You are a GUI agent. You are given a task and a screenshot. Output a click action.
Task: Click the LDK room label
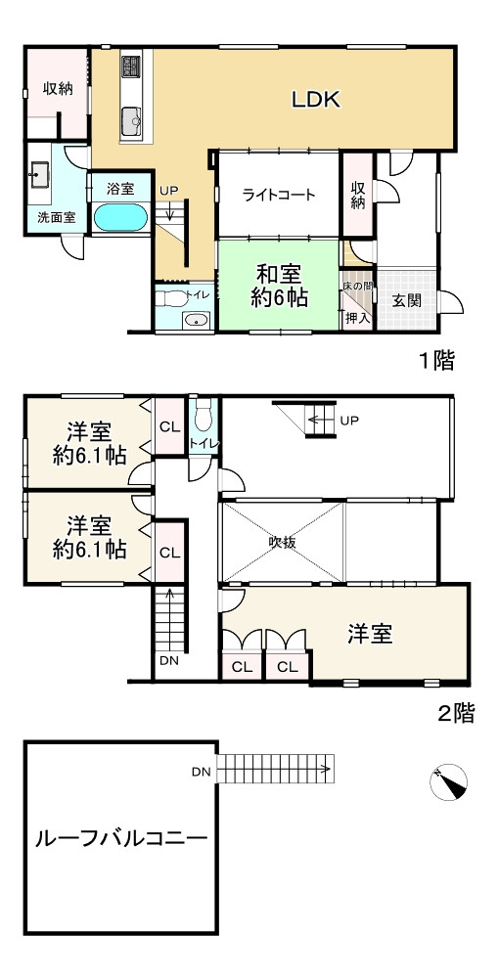tap(315, 99)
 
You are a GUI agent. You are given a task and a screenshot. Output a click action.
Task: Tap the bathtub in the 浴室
tap(120, 216)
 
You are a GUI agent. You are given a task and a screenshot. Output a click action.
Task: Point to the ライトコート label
tap(279, 195)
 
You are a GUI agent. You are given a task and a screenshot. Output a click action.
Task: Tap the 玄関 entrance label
tap(407, 300)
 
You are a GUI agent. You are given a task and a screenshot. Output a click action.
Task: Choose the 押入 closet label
tap(357, 317)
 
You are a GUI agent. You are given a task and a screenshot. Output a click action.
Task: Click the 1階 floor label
tap(436, 363)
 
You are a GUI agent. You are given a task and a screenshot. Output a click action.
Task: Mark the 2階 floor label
tap(456, 713)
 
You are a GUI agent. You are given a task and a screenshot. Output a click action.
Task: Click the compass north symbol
tap(449, 781)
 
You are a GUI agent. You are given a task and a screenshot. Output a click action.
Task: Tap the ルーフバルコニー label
tap(120, 838)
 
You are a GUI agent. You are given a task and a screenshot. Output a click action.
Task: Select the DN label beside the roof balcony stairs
tap(201, 772)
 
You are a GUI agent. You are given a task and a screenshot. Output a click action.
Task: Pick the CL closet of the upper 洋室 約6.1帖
tap(168, 426)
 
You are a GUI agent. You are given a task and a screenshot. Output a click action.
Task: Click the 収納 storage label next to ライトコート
tap(359, 195)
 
